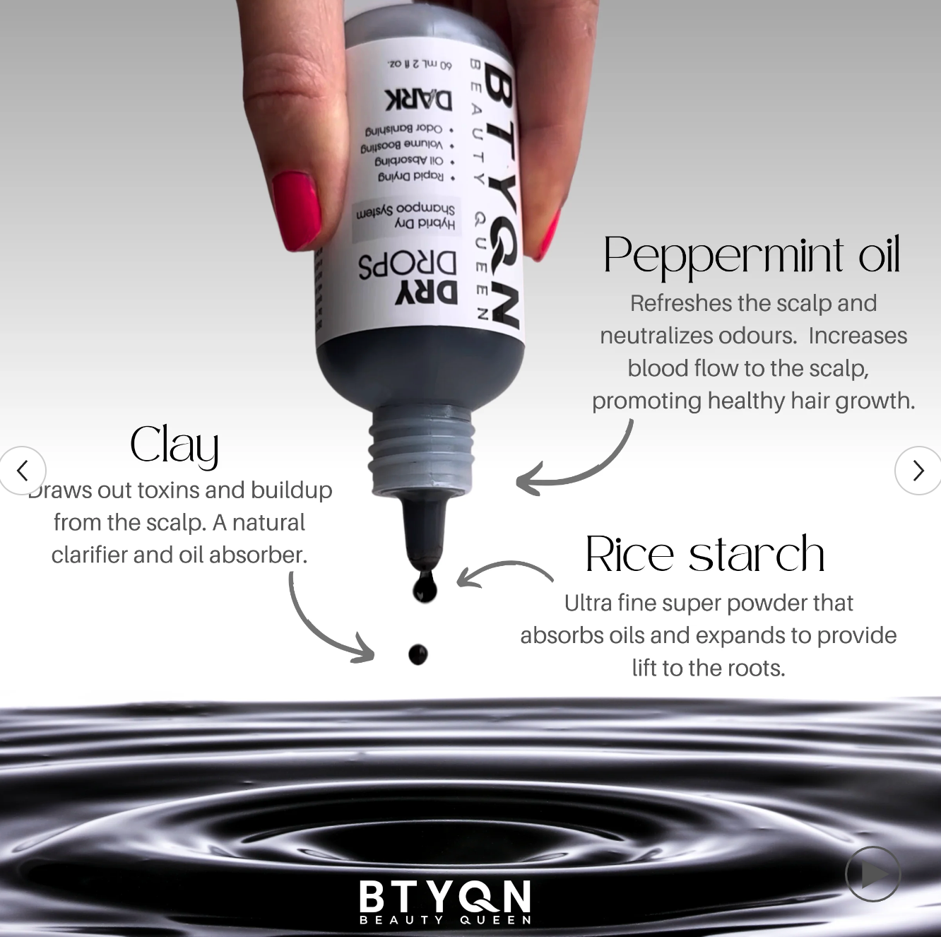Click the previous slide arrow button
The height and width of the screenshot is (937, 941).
23,471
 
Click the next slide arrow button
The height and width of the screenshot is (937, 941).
917,471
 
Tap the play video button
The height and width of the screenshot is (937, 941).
873,874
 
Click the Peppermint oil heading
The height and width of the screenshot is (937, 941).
752,255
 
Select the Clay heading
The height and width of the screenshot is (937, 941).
174,446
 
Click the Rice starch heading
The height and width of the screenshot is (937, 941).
705,554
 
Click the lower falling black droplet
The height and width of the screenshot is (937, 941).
418,654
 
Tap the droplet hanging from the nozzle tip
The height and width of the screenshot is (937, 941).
425,586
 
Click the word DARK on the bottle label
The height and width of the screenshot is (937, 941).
418,100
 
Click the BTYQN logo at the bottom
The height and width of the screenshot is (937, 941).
445,901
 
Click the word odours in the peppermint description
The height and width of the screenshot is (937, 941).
756,336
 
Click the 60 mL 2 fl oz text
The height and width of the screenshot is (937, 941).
419,64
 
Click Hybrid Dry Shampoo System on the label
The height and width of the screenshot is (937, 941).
406,216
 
